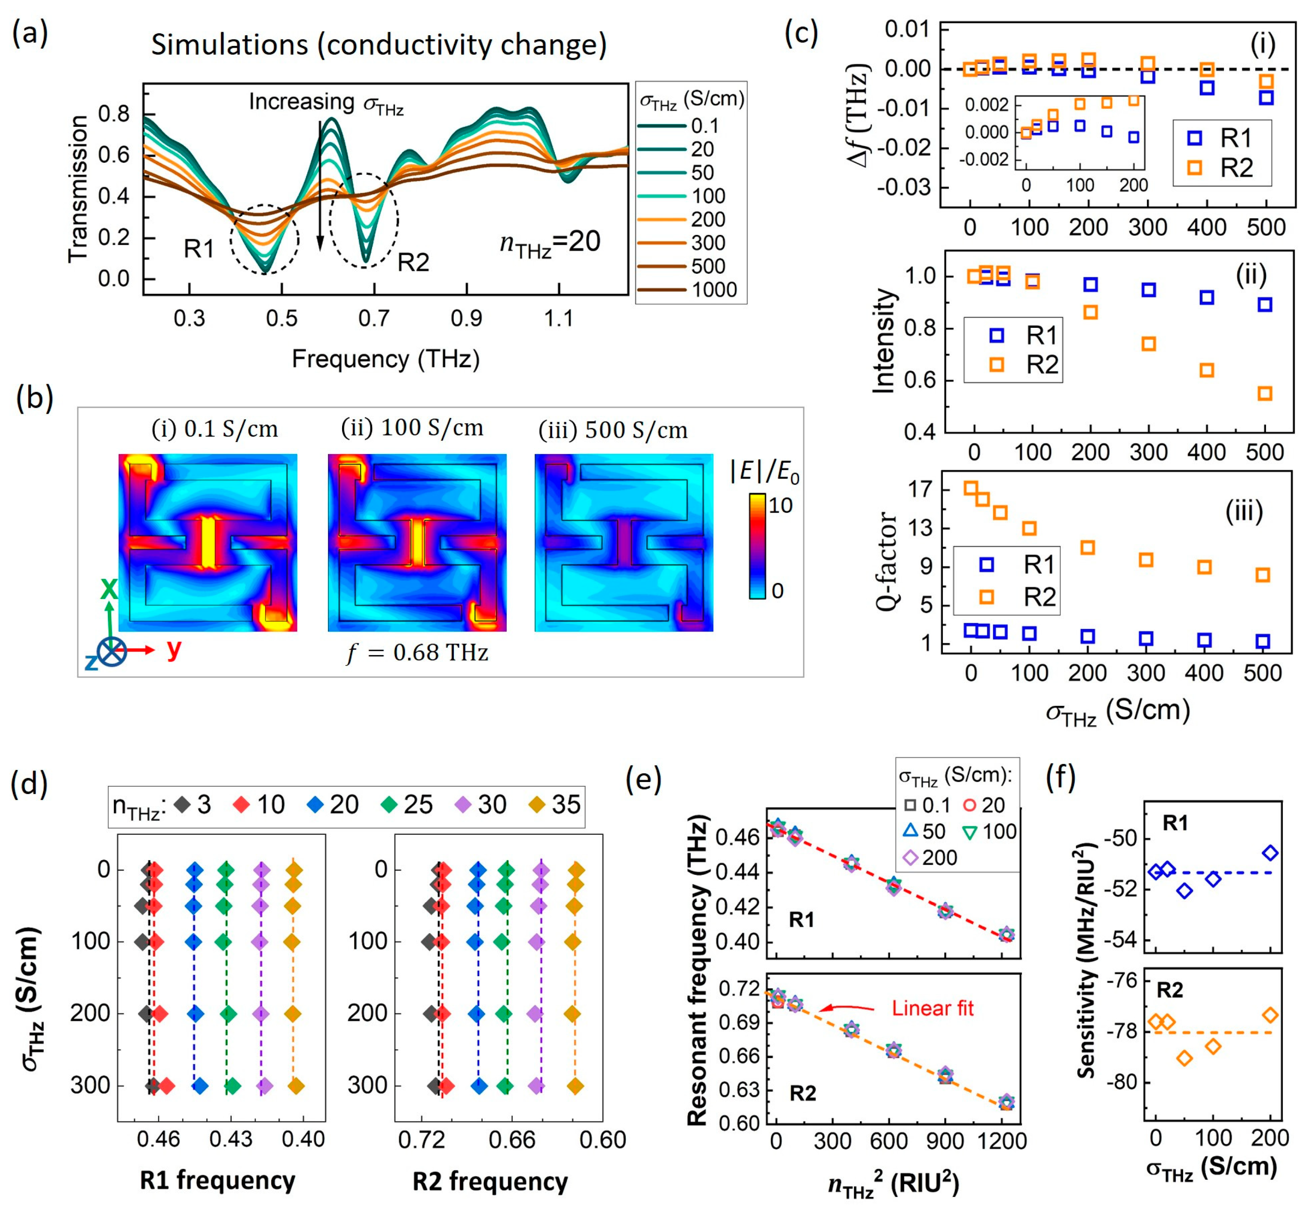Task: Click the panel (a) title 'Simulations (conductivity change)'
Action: pyautogui.click(x=379, y=45)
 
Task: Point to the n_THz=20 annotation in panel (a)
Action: pyautogui.click(x=550, y=243)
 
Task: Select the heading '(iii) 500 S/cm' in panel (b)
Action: pyautogui.click(x=613, y=430)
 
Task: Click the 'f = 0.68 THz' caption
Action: pyautogui.click(x=418, y=653)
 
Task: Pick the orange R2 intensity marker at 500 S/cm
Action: pyautogui.click(x=1265, y=394)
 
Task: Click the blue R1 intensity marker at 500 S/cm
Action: pyautogui.click(x=1265, y=304)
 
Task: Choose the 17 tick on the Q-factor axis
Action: pyautogui.click(x=918, y=489)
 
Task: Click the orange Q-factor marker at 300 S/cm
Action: pyautogui.click(x=1146, y=559)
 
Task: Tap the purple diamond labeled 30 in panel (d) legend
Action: pyautogui.click(x=465, y=805)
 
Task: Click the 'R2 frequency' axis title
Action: pyautogui.click(x=490, y=1181)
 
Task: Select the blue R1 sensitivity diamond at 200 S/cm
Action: pyautogui.click(x=1270, y=852)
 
